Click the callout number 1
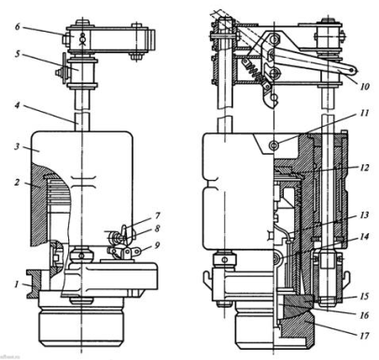point(17,284)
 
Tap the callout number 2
point(17,182)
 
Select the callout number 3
point(17,146)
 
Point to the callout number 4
point(17,105)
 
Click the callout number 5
point(17,54)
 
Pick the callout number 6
point(18,27)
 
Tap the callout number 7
point(157,215)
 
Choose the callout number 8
point(157,228)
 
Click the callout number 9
point(157,245)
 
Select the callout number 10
point(364,86)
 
